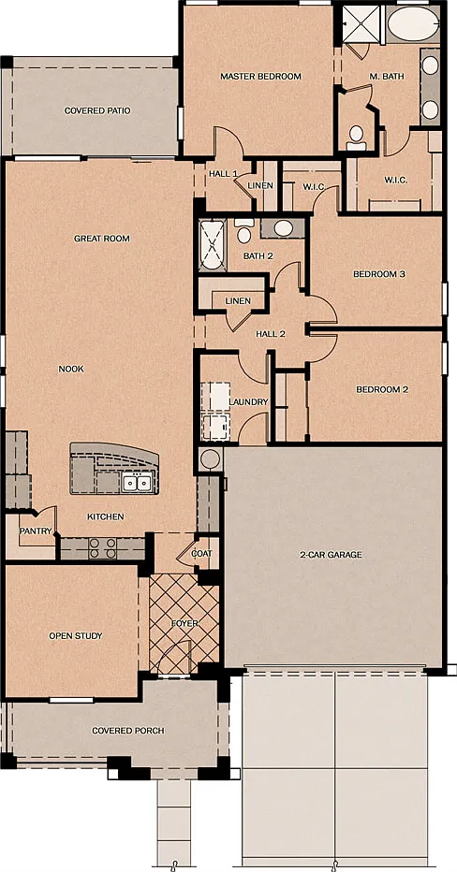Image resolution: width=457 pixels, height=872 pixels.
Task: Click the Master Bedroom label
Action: click(x=260, y=76)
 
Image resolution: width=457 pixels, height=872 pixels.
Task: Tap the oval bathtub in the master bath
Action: click(x=413, y=24)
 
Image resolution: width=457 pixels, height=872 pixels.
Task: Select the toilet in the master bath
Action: click(x=356, y=138)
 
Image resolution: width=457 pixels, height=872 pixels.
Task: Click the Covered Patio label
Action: click(x=97, y=110)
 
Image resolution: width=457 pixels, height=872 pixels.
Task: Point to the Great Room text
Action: click(x=102, y=239)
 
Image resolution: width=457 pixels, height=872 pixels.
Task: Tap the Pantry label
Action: click(x=36, y=531)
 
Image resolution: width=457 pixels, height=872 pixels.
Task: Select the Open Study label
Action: click(x=76, y=635)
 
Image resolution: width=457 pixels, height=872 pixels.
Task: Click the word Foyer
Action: click(x=184, y=624)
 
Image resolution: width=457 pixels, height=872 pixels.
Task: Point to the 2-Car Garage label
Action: click(x=331, y=555)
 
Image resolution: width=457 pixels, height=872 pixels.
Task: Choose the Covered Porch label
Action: click(x=128, y=730)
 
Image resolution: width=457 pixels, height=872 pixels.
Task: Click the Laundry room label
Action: click(x=248, y=402)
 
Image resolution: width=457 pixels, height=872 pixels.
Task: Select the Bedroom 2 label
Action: click(x=382, y=389)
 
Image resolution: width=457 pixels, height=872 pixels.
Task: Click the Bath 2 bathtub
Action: click(x=212, y=245)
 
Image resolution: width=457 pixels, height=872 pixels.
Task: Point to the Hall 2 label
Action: click(x=271, y=334)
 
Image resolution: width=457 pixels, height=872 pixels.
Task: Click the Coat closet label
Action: click(x=201, y=554)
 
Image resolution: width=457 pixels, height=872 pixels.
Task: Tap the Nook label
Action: click(x=70, y=369)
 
